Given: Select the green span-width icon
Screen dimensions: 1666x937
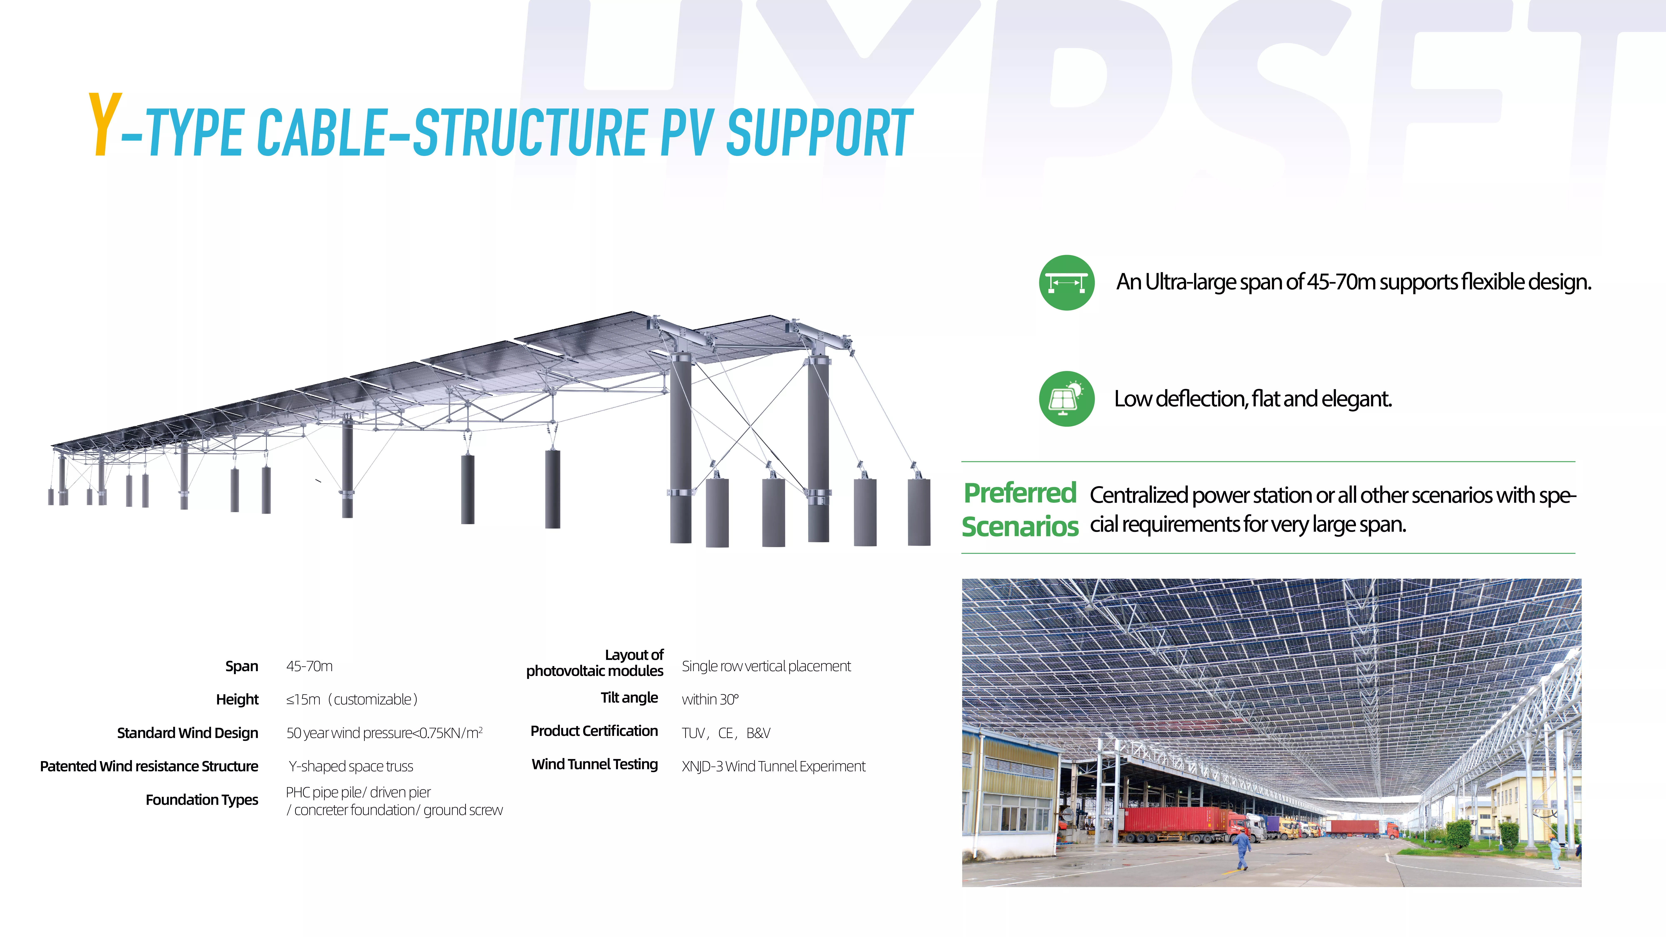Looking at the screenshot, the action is pos(1067,282).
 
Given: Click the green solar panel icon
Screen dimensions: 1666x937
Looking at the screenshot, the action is pos(1067,398).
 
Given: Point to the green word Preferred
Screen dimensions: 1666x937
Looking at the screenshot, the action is pos(1020,493).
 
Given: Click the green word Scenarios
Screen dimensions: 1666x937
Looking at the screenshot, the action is pos(1020,526).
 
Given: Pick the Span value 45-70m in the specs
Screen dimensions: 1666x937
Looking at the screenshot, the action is pos(309,666).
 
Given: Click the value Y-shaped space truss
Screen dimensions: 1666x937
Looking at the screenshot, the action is pos(350,766).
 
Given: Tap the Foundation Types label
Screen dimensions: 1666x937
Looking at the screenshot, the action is pos(202,800).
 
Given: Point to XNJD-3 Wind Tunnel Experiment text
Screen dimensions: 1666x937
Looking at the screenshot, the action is pos(774,766).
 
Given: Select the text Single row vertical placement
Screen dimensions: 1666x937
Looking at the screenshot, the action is pos(766,666).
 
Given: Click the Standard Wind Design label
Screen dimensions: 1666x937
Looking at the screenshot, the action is pos(188,733).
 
